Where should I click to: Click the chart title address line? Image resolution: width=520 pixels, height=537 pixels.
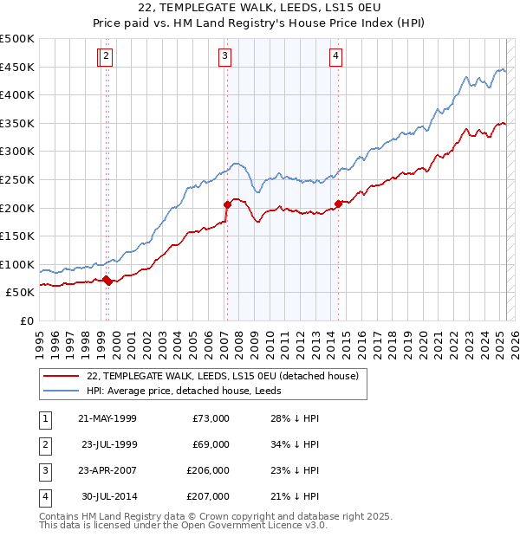259,8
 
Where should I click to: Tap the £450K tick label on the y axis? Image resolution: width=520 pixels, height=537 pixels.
17,67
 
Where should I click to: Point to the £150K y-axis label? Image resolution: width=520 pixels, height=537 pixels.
17,236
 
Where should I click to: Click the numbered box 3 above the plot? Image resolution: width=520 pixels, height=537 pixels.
224,56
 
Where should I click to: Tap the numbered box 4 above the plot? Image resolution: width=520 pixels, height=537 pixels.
335,56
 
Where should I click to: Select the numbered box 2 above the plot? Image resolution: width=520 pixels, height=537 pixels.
106,56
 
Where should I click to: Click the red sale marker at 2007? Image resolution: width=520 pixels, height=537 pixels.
227,205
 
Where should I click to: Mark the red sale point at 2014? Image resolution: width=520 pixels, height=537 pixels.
338,204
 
